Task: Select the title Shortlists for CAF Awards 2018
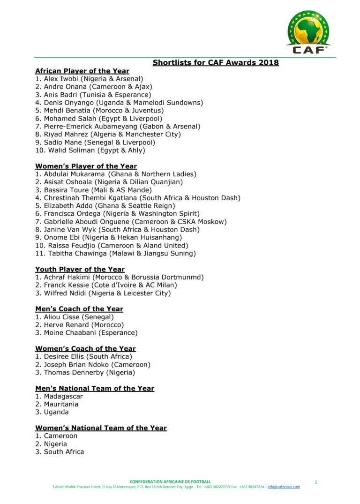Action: point(216,63)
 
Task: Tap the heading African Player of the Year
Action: point(82,71)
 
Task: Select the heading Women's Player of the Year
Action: point(86,166)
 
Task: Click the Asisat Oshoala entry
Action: point(109,182)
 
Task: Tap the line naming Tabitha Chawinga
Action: point(115,254)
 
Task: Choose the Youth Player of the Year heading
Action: point(80,270)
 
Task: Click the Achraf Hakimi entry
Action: point(120,278)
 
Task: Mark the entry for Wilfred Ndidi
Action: point(103,293)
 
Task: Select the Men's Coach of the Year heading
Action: point(79,309)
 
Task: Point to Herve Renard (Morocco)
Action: point(80,325)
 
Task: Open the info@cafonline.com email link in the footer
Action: point(284,487)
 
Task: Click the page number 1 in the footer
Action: point(316,482)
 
